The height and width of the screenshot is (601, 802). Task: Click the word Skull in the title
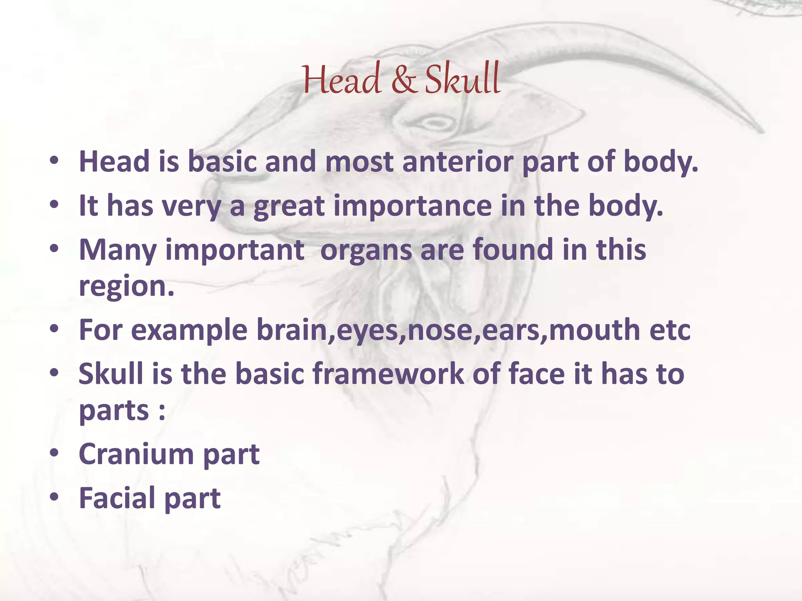[463, 80]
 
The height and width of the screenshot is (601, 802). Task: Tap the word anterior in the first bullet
[457, 162]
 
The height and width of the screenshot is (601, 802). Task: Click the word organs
[366, 250]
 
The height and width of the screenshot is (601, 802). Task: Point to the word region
[126, 287]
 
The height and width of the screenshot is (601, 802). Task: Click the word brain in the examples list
[292, 330]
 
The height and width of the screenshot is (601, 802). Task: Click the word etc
[670, 330]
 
